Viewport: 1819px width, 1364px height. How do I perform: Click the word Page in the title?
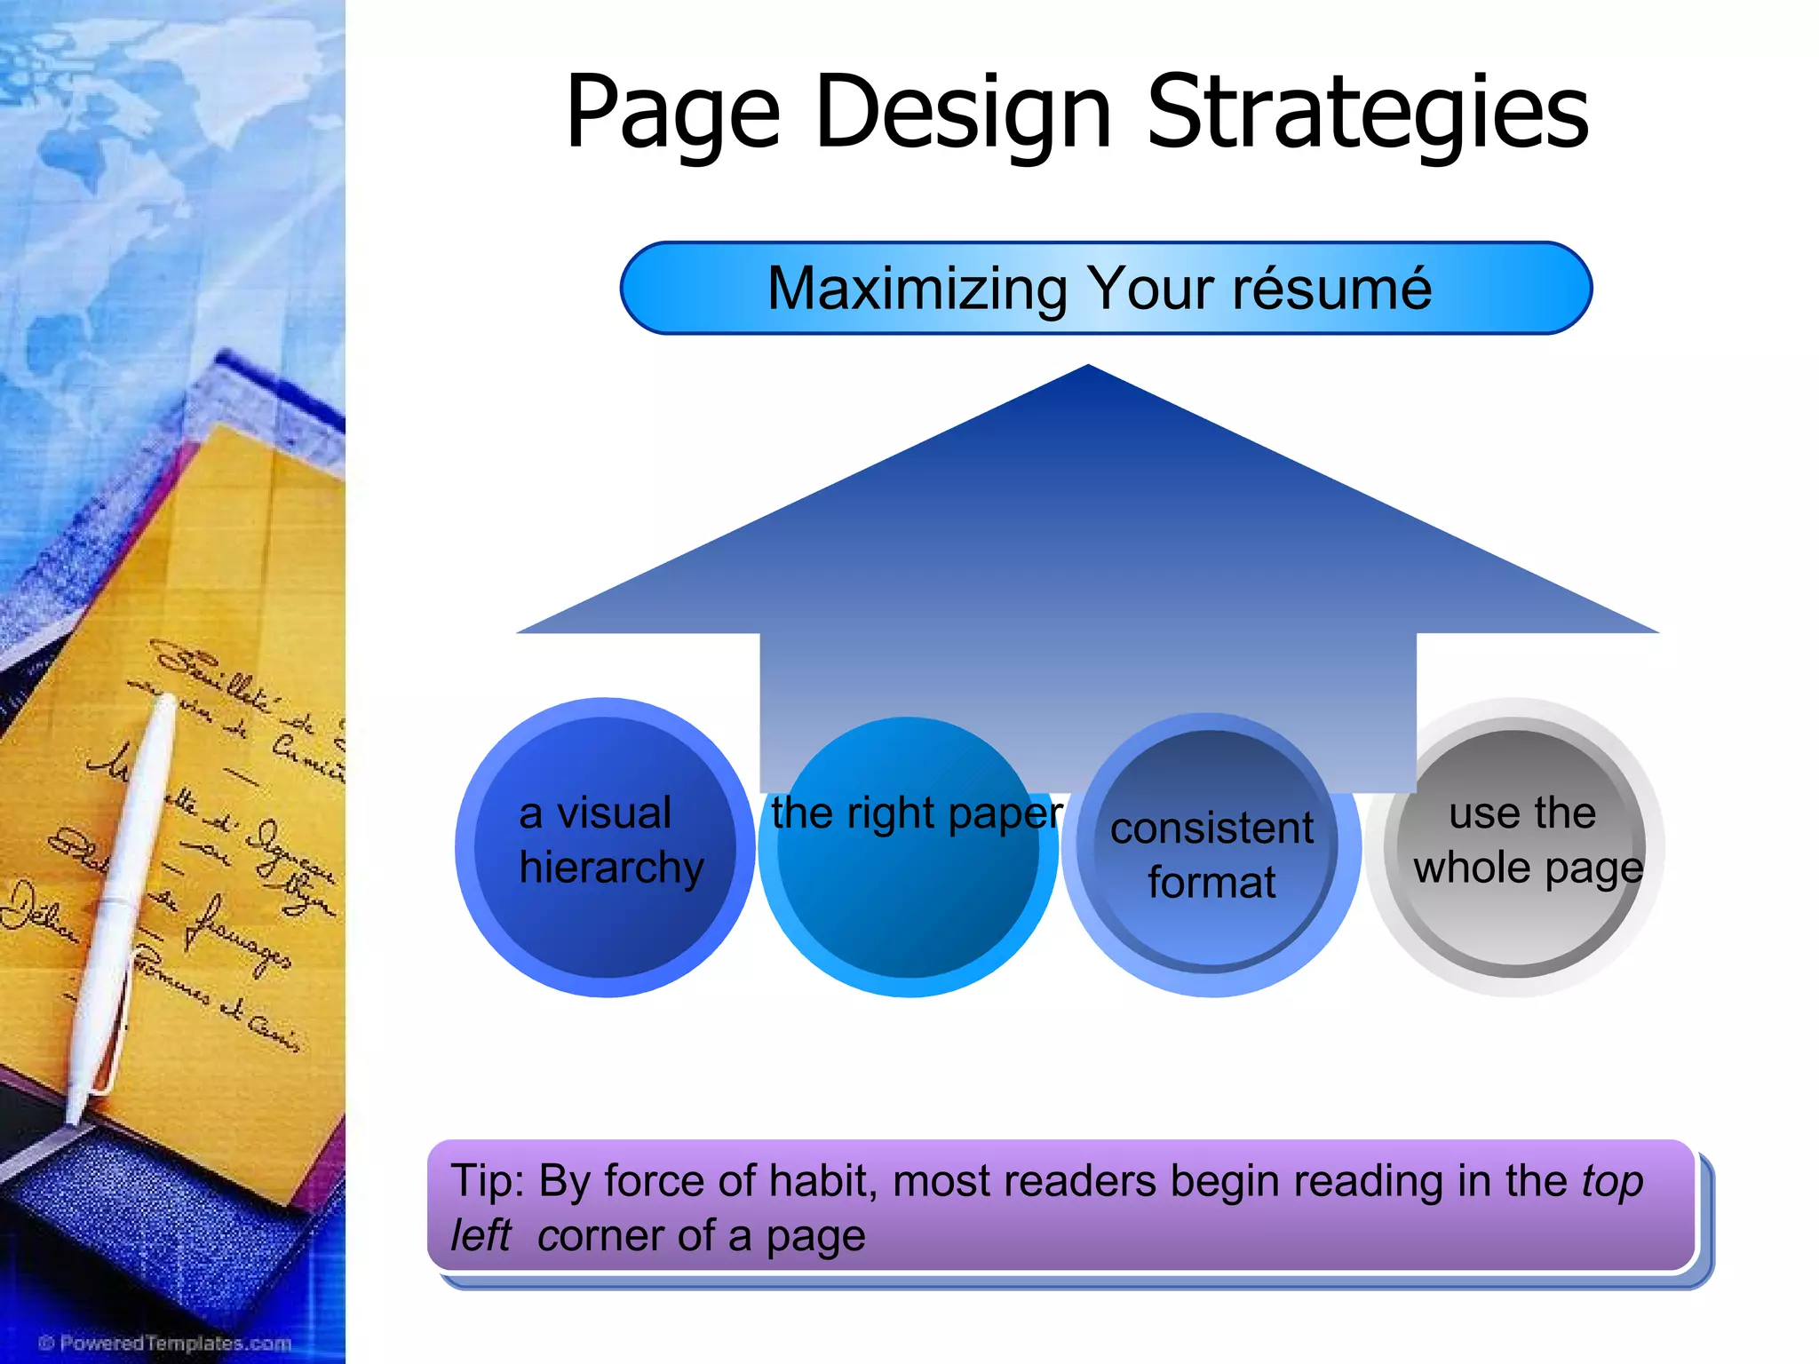(x=672, y=114)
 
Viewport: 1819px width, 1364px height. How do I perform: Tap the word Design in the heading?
(x=963, y=114)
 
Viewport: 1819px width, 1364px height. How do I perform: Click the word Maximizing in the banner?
(x=917, y=289)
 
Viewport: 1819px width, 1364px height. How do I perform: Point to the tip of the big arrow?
(x=1088, y=369)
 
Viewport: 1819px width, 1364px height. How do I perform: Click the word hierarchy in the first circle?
(x=611, y=868)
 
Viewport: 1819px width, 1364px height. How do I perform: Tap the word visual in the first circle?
(x=613, y=813)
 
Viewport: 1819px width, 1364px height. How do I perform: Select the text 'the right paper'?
(x=916, y=813)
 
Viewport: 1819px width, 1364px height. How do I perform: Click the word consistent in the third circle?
(x=1211, y=829)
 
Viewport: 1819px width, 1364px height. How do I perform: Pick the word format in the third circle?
(x=1211, y=883)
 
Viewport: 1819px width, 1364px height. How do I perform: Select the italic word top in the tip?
(x=1612, y=1182)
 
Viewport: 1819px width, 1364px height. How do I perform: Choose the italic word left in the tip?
(x=481, y=1235)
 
